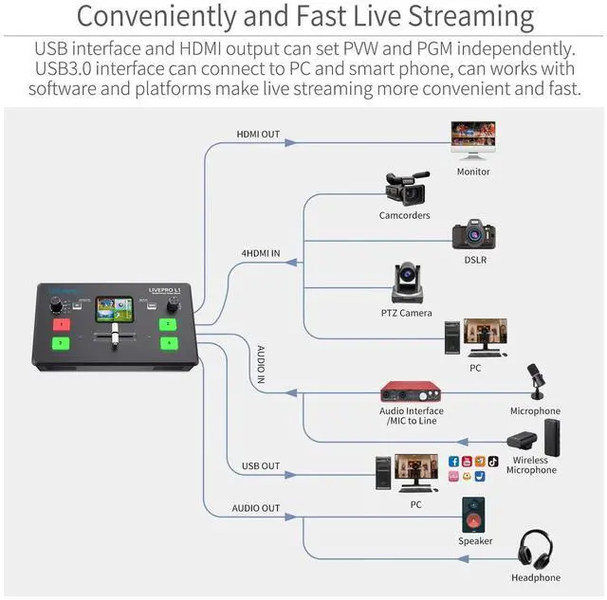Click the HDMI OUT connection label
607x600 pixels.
point(257,135)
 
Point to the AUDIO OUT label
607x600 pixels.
point(256,508)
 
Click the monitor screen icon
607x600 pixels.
point(473,141)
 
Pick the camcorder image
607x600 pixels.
point(405,188)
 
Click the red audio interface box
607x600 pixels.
point(412,391)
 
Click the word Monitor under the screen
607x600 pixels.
point(473,172)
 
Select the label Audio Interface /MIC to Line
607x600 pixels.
point(412,416)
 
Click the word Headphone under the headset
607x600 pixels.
point(537,577)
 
